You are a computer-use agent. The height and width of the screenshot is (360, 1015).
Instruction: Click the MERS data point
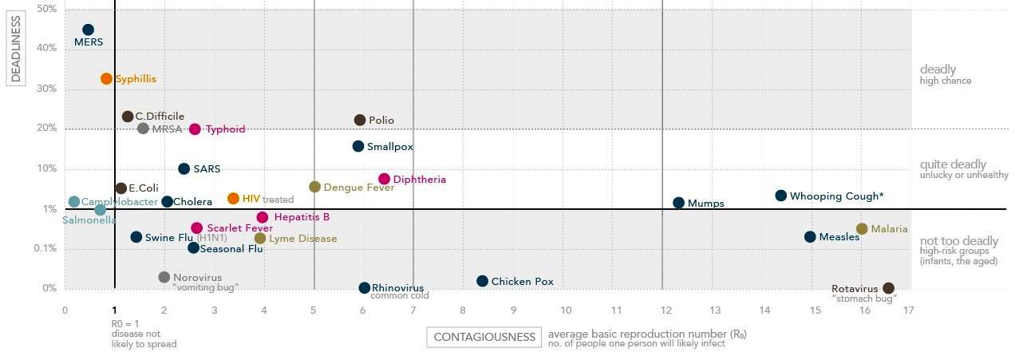click(x=88, y=30)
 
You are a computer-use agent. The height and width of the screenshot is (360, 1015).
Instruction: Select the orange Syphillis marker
click(x=106, y=78)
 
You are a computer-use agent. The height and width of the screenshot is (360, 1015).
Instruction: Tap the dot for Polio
click(x=360, y=120)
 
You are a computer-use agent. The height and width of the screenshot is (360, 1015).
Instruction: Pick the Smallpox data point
click(x=358, y=146)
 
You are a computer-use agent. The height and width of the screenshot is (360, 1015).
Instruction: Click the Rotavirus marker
click(x=888, y=287)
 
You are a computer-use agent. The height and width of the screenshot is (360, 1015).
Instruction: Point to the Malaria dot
click(x=862, y=228)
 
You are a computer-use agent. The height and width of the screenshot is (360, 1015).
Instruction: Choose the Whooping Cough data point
click(x=781, y=196)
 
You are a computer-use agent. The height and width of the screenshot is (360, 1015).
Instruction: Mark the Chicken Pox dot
click(x=482, y=281)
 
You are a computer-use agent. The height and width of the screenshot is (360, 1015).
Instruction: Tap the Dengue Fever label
click(x=358, y=188)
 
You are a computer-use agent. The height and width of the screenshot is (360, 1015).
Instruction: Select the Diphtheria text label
click(x=419, y=180)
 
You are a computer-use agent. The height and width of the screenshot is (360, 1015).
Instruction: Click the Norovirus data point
click(x=164, y=277)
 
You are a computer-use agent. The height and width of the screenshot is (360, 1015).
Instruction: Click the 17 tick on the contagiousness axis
click(x=907, y=311)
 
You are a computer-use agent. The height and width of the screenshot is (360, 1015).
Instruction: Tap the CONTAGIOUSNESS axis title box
click(x=484, y=337)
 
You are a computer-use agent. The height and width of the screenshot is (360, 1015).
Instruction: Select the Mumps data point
click(x=678, y=203)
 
